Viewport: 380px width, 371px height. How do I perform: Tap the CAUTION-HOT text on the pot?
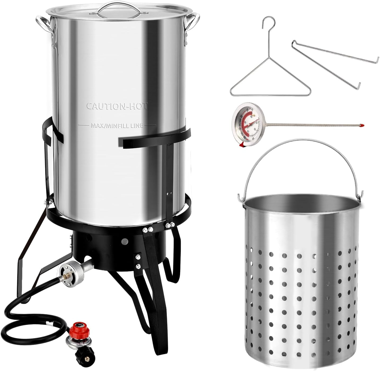(x=117, y=106)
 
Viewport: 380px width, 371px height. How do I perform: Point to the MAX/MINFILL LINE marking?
(x=117, y=125)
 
